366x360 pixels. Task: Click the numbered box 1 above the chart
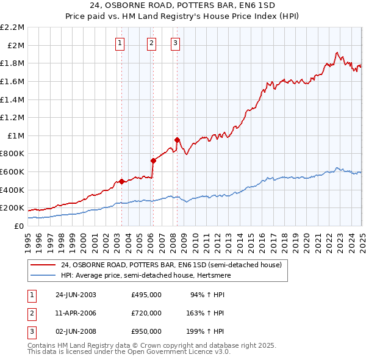120,43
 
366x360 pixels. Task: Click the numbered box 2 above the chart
151,43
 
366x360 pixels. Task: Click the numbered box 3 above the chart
175,43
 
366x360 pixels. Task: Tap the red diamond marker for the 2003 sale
121,181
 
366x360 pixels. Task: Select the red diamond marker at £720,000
153,160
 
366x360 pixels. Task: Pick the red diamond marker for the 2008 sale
177,140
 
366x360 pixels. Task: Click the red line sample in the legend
43,265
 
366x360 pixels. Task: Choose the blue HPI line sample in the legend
43,275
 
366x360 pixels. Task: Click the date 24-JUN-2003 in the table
76,295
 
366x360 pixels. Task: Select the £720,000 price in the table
146,313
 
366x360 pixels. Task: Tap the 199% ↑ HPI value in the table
206,331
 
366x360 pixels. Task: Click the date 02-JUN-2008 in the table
76,331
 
